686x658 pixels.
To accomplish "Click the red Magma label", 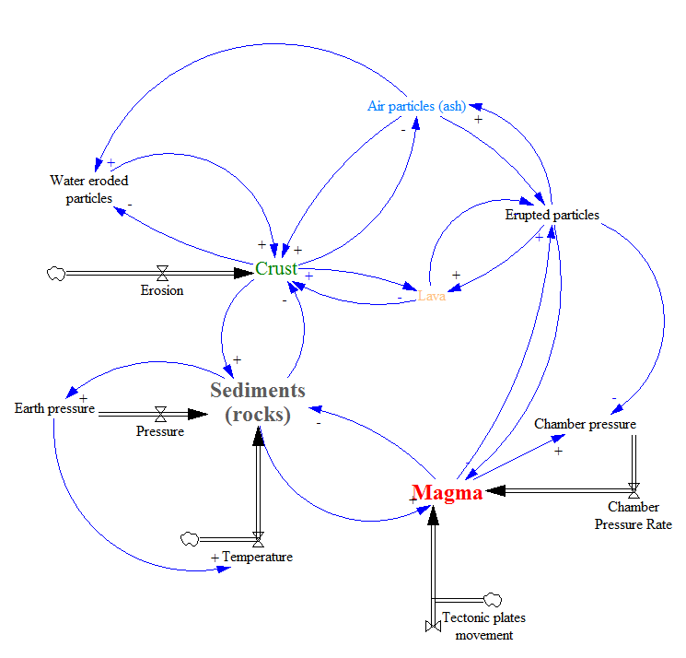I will click(x=447, y=493).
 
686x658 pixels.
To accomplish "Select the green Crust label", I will click(x=276, y=268).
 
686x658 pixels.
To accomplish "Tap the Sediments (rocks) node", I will click(x=257, y=403).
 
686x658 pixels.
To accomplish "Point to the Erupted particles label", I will click(x=552, y=215).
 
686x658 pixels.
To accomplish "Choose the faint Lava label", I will click(x=431, y=296).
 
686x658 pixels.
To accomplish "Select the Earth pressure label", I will click(x=54, y=408).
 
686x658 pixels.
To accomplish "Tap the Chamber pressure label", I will click(x=585, y=424).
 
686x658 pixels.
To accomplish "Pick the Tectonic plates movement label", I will click(x=483, y=626).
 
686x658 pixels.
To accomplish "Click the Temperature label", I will click(x=257, y=557).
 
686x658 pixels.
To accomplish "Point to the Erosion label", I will click(x=162, y=290).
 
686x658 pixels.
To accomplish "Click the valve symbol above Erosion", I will click(x=162, y=273).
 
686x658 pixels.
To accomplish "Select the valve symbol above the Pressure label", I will click(x=160, y=413).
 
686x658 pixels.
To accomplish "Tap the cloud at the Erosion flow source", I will click(x=55, y=273).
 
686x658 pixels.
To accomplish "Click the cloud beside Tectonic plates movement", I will click(x=492, y=600).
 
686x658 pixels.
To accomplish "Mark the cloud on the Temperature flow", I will click(x=189, y=538).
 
